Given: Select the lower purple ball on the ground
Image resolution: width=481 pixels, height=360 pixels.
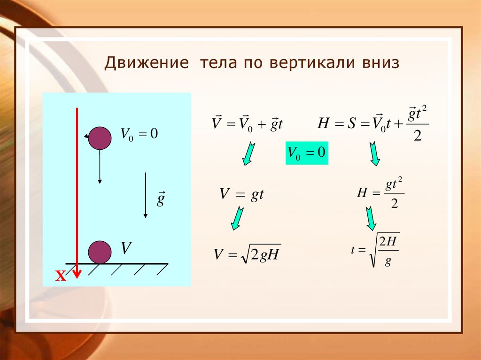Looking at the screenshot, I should click(x=100, y=252).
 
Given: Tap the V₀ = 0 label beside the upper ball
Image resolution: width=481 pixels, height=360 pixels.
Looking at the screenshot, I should click(x=139, y=134).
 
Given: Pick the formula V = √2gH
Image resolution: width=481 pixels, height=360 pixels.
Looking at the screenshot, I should click(x=247, y=254).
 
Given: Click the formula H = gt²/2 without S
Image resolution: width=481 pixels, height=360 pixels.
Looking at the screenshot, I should click(x=380, y=194).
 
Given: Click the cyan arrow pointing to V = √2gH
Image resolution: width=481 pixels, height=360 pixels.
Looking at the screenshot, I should click(x=238, y=218).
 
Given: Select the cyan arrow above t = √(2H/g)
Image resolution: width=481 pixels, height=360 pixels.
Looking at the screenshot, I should click(x=371, y=218).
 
